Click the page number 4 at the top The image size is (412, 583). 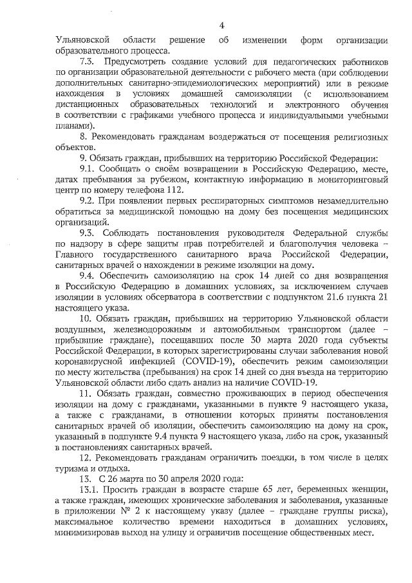221,26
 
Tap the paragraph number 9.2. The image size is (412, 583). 88,200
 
